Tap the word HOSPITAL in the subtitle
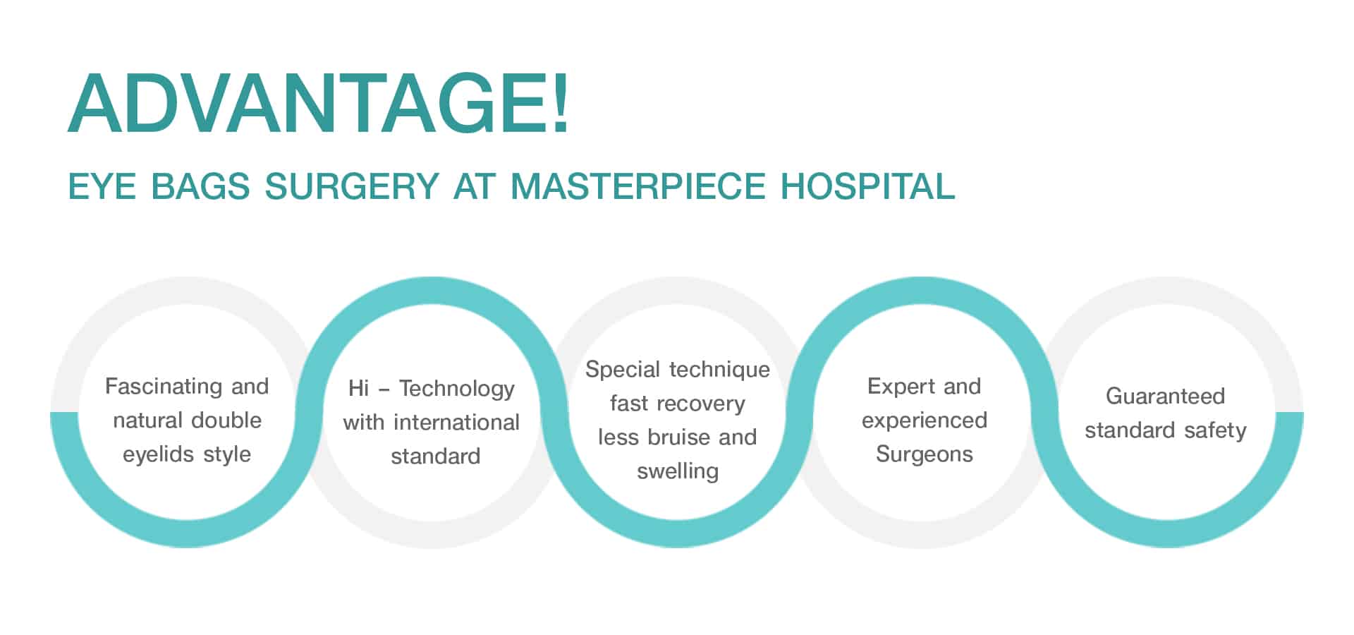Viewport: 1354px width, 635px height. point(867,187)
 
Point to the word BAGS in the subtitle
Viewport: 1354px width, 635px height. point(200,187)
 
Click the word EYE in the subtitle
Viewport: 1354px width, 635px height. point(102,187)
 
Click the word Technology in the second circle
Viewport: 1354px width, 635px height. point(457,389)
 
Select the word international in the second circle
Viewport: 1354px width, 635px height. point(456,423)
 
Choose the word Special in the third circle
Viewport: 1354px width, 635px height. point(623,370)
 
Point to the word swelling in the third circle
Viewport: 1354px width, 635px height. point(678,471)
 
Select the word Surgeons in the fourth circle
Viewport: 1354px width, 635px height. point(925,454)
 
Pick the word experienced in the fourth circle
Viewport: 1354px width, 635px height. point(925,421)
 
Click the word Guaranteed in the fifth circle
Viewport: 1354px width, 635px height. point(1165,396)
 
